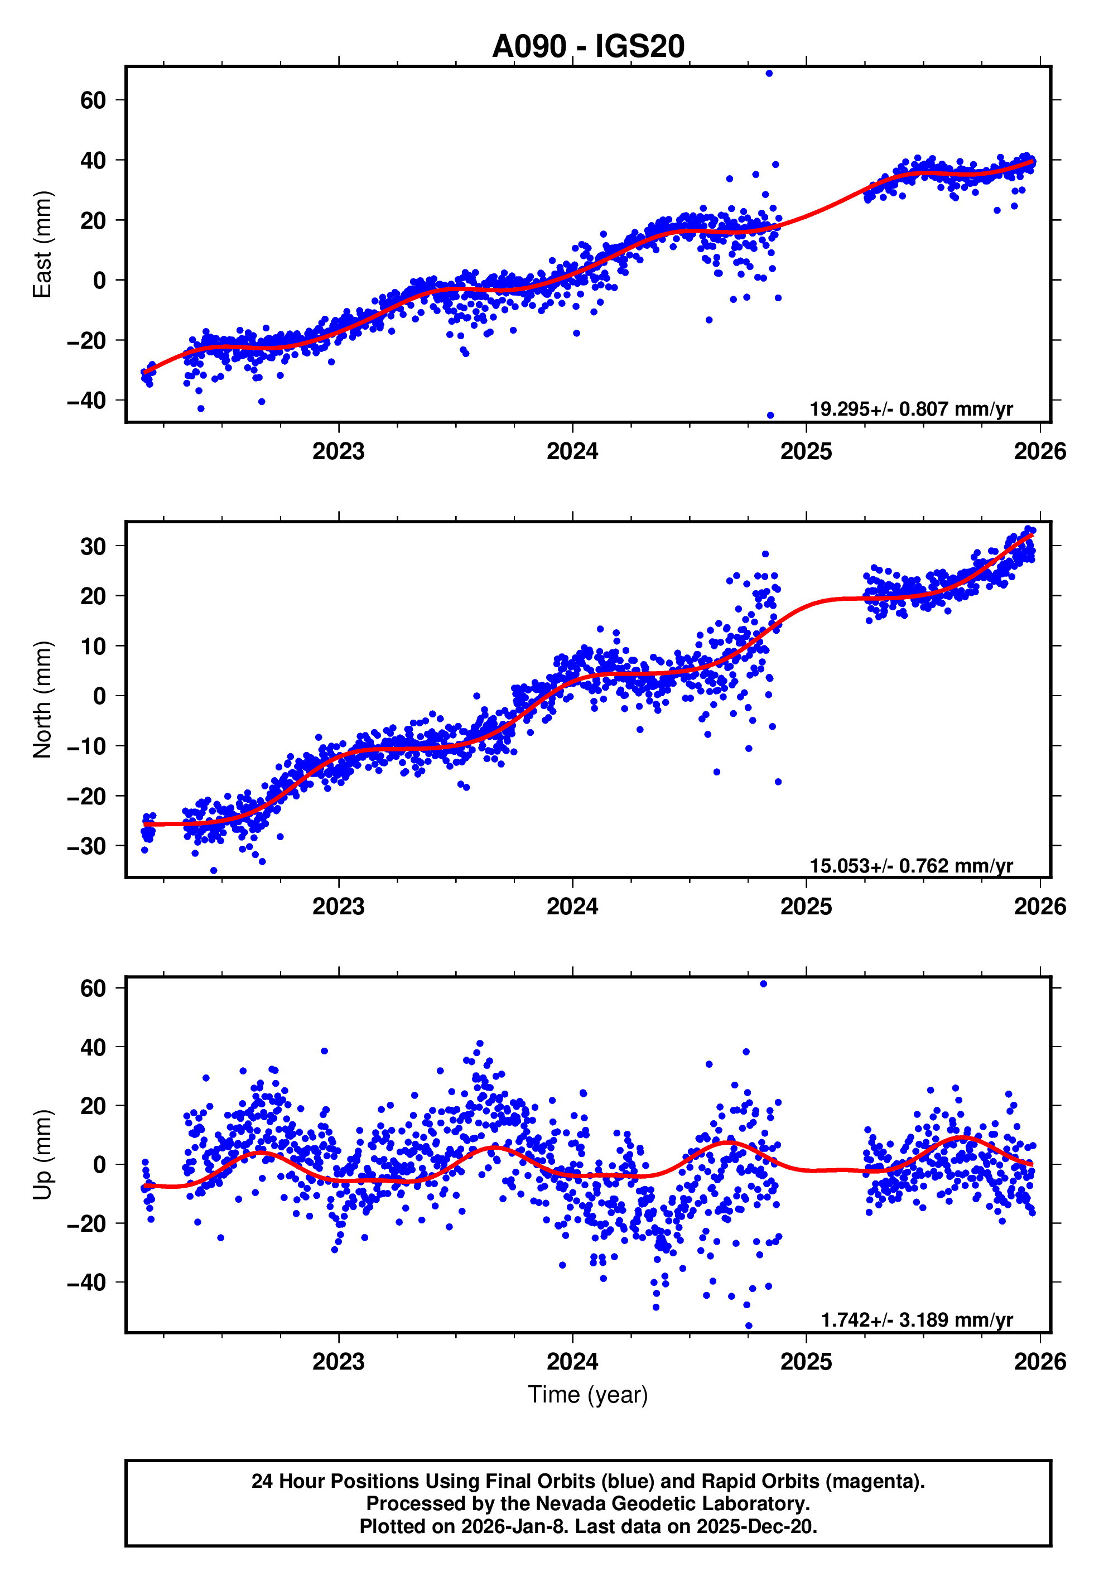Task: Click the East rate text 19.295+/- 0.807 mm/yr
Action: coord(910,409)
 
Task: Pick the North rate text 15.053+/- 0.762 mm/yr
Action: coord(910,866)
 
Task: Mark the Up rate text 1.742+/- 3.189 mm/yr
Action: coord(916,1320)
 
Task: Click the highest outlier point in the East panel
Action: coord(769,73)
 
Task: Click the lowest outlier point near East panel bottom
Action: coord(770,415)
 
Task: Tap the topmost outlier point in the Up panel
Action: coord(763,984)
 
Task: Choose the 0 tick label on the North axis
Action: coord(99,696)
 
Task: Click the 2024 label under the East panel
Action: coord(572,452)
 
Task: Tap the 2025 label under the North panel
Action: coord(806,907)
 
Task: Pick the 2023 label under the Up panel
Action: coord(338,1361)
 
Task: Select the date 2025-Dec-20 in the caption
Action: coord(755,1526)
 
